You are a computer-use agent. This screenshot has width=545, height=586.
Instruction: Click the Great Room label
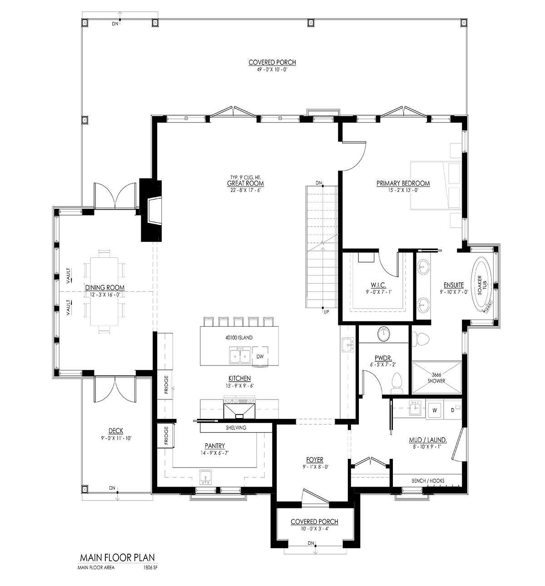pyautogui.click(x=245, y=183)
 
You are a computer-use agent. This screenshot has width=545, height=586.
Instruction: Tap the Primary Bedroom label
pyautogui.click(x=403, y=183)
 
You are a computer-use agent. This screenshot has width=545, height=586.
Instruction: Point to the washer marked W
pyautogui.click(x=435, y=410)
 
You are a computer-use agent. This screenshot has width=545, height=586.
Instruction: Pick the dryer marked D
pyautogui.click(x=452, y=410)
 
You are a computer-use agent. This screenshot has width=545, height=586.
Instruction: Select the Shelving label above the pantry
pyautogui.click(x=236, y=428)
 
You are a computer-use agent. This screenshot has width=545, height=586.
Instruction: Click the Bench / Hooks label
pyautogui.click(x=428, y=481)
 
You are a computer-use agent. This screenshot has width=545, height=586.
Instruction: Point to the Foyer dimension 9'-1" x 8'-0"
pyautogui.click(x=313, y=467)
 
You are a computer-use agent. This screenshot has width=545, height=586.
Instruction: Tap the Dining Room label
pyautogui.click(x=105, y=287)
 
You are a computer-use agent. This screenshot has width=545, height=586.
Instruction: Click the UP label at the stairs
pyautogui.click(x=326, y=312)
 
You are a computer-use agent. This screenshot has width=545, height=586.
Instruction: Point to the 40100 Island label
pyautogui.click(x=238, y=338)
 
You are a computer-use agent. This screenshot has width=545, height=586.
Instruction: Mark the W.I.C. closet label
pyautogui.click(x=378, y=285)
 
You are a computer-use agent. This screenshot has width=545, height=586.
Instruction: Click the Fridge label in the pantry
pyautogui.click(x=166, y=435)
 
